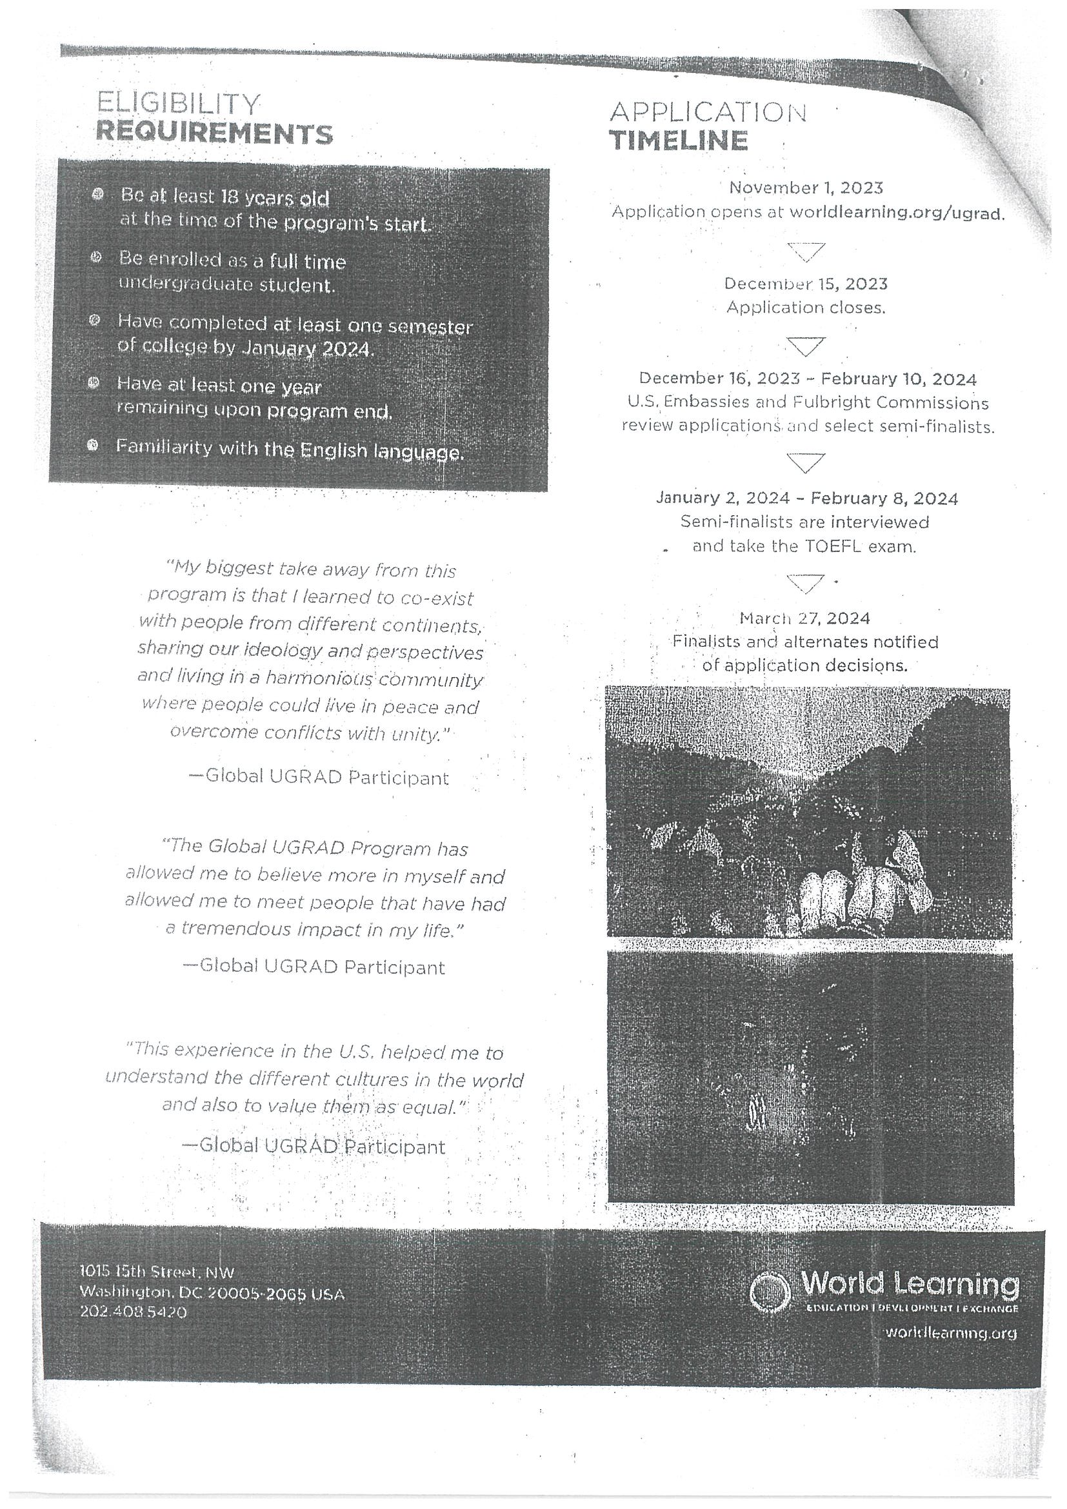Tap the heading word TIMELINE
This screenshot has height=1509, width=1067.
point(679,141)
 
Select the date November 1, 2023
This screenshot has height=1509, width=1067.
point(805,188)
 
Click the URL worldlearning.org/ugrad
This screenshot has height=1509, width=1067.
point(897,213)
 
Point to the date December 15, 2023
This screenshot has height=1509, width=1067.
point(805,284)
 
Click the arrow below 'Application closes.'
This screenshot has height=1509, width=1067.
point(805,346)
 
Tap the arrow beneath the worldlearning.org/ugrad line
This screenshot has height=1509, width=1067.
point(805,251)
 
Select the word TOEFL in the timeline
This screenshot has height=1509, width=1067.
point(830,546)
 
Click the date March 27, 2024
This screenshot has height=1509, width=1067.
point(804,618)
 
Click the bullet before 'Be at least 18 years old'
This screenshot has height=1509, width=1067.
point(98,195)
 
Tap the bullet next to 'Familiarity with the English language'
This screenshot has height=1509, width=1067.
point(94,446)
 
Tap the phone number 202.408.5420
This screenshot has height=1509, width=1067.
point(134,1312)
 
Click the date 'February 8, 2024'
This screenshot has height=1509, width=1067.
point(884,499)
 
